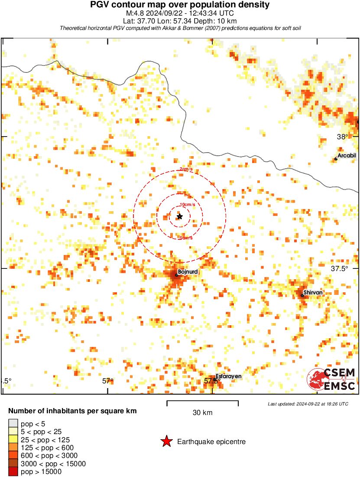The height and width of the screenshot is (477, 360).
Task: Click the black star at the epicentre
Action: [180, 216]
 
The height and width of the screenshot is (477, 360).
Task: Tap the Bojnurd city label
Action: [188, 272]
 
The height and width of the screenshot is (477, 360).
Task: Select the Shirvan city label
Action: [313, 293]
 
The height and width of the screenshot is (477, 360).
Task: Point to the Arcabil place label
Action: [347, 156]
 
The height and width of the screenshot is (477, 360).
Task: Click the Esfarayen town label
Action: [228, 376]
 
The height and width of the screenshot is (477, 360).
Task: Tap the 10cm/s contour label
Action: [187, 205]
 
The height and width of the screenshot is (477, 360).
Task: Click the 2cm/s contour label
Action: [187, 169]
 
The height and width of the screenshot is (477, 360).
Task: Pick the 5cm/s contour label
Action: [186, 238]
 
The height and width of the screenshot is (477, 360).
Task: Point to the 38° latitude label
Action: [342, 137]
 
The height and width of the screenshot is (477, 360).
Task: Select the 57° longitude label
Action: [107, 381]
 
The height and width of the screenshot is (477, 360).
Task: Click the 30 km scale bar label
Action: [202, 413]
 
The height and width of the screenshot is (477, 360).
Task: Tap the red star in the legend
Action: [166, 442]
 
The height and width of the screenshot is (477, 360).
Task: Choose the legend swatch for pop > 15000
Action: [13, 472]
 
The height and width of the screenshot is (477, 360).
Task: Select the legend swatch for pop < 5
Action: [13, 423]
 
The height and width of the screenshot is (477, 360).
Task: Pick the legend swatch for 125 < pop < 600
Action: [13, 448]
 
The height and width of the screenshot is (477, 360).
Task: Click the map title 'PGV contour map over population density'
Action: [180, 5]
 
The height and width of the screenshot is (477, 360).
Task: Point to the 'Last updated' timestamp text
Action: [308, 404]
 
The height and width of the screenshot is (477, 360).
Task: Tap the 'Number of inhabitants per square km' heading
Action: [73, 411]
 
